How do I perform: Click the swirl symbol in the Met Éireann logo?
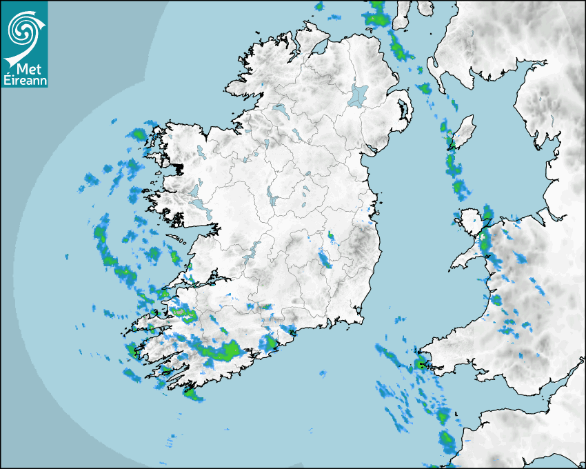click(x=23, y=29)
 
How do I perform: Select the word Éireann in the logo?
click(x=25, y=80)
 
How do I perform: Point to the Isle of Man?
click(x=462, y=131)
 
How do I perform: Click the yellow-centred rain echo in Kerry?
click(x=185, y=315)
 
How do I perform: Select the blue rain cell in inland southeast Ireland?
click(x=324, y=259)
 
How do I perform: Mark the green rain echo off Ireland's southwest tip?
click(x=192, y=394)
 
